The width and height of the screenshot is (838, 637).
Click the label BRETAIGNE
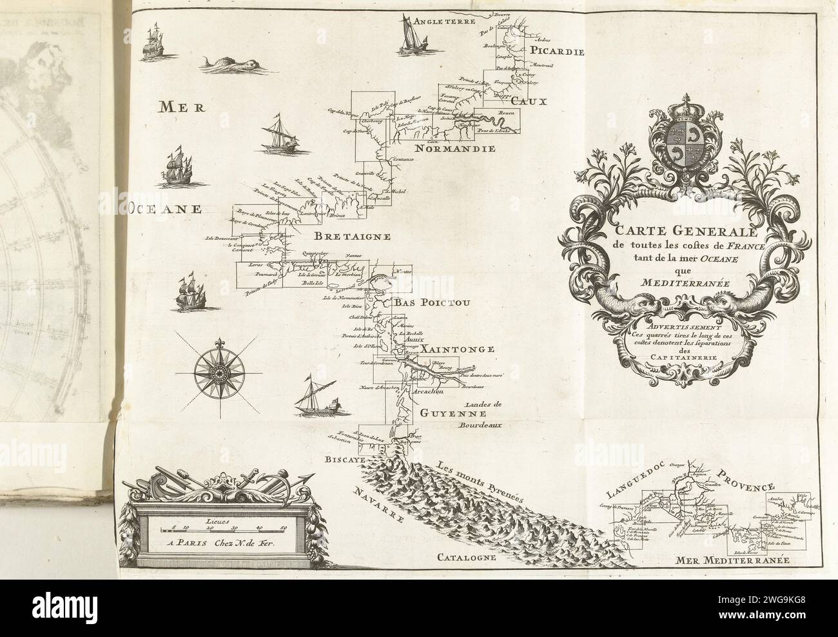coord(353,236)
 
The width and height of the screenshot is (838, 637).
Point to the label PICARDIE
coord(557,52)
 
